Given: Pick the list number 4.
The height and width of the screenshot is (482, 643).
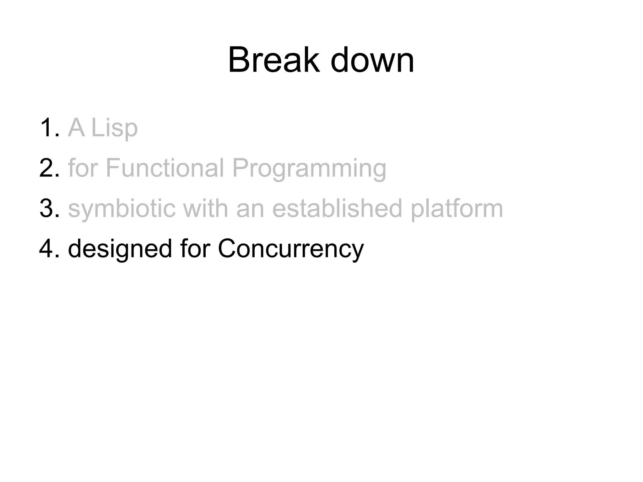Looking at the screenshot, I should coord(49,248).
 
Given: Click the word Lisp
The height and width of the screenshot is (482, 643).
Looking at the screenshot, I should coord(114,128).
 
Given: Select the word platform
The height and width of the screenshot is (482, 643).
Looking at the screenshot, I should coord(457,209).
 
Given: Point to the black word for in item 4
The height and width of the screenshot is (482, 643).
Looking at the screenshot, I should coord(195,248).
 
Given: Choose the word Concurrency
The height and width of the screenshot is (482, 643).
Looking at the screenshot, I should coord(290,249).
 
